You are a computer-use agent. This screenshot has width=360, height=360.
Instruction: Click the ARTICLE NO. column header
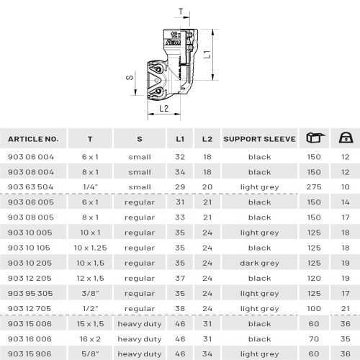click(x=33, y=139)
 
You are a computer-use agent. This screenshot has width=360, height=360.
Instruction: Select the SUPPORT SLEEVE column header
click(x=259, y=139)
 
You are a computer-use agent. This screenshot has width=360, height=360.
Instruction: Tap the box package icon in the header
click(x=315, y=138)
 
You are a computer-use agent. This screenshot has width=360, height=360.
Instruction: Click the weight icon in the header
click(x=346, y=138)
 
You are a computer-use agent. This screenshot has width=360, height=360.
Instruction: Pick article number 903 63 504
click(x=30, y=187)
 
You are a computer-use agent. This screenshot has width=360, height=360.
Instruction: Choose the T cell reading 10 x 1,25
click(x=90, y=248)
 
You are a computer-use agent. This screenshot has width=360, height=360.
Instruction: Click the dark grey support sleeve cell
click(x=259, y=264)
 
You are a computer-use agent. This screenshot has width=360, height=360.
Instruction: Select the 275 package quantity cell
click(x=314, y=187)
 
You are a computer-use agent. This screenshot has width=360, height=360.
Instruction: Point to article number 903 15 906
click(x=30, y=354)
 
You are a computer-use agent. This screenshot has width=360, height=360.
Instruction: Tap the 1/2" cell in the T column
click(x=91, y=308)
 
